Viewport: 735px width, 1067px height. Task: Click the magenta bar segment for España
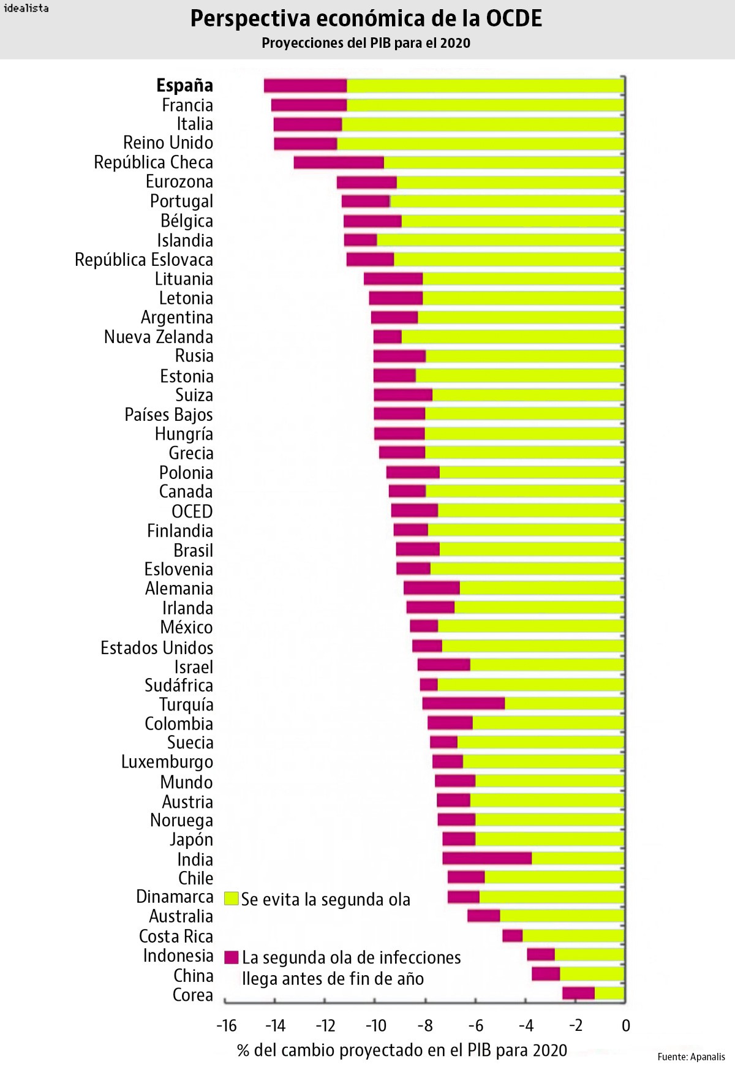(x=305, y=86)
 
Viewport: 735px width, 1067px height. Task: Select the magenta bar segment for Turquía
(x=464, y=703)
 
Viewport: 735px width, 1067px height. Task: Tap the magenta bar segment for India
(x=487, y=858)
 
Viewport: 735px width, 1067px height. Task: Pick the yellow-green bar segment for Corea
(x=609, y=993)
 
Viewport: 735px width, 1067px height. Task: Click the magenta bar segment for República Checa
(x=339, y=162)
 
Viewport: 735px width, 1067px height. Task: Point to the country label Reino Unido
(x=168, y=143)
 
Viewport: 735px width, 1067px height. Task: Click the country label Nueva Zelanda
(x=158, y=337)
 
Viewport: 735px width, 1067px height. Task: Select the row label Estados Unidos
(x=157, y=647)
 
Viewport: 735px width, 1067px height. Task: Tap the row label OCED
(x=192, y=511)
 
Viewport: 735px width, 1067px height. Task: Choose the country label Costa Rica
(x=176, y=936)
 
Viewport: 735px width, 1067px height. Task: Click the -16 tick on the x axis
(x=226, y=1025)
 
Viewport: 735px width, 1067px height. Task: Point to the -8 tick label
(x=425, y=1025)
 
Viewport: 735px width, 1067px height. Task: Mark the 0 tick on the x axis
(x=625, y=1025)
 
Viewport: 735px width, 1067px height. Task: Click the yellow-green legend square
(x=231, y=899)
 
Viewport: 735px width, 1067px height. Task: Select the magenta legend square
(x=231, y=957)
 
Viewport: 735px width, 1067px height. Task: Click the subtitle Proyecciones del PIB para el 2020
(x=366, y=43)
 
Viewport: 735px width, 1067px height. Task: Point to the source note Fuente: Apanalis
(x=691, y=1057)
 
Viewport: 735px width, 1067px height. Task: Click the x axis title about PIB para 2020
(x=402, y=1050)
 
